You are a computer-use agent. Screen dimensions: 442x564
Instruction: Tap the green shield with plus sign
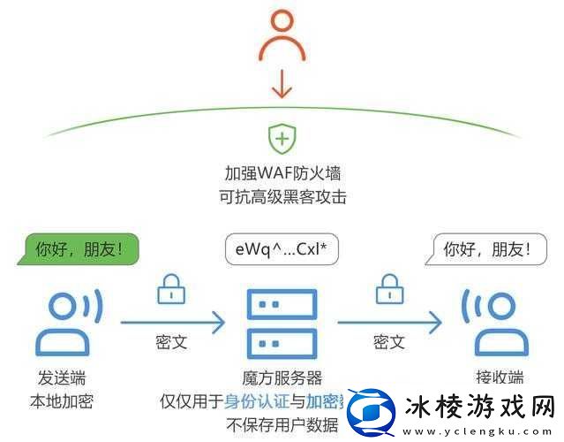[x=282, y=139]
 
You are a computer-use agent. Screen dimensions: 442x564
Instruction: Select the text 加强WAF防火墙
[x=282, y=171]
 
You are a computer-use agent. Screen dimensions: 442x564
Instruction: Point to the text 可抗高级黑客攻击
[x=282, y=195]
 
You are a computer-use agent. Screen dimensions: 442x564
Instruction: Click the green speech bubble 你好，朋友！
[x=80, y=249]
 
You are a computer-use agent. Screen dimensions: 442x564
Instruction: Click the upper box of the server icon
[x=282, y=305]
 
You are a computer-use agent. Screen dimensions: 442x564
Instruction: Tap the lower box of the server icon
[x=282, y=341]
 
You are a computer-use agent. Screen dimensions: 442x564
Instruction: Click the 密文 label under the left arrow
[x=170, y=341]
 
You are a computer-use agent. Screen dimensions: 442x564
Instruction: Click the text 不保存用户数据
[x=282, y=424]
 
